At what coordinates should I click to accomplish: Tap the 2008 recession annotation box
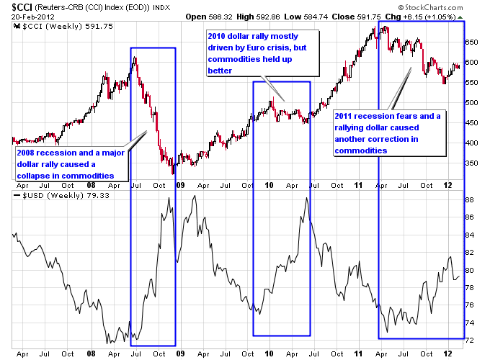71,164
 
